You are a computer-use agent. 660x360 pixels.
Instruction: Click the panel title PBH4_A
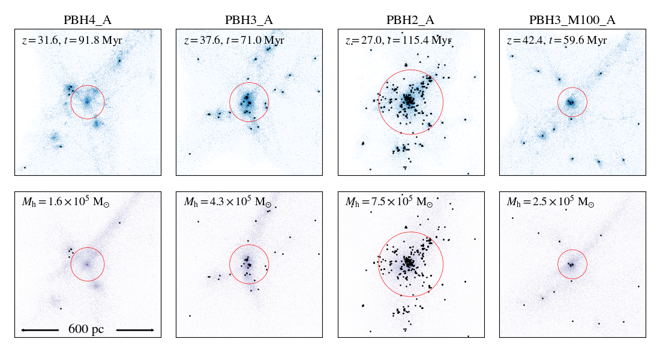[x=88, y=20]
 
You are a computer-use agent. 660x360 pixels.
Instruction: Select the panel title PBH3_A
[x=249, y=20]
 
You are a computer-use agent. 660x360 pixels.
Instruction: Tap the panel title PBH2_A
[x=410, y=20]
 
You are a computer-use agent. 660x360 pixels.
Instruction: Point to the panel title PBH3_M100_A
[x=572, y=20]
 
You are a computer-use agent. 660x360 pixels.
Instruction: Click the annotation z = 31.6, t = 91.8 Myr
[x=71, y=41]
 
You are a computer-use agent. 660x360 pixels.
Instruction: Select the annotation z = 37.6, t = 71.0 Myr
[x=233, y=41]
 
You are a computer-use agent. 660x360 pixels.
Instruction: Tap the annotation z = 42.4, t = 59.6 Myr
[x=556, y=41]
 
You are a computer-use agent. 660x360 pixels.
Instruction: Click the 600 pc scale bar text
[x=86, y=329]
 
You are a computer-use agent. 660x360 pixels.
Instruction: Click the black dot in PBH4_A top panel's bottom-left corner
[x=25, y=167]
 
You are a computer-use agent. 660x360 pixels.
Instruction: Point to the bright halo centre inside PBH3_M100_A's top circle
[x=571, y=103]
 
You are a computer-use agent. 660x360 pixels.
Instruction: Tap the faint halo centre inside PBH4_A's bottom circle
[x=86, y=263]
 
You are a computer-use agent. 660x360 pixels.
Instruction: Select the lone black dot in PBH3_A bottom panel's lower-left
[x=190, y=316]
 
